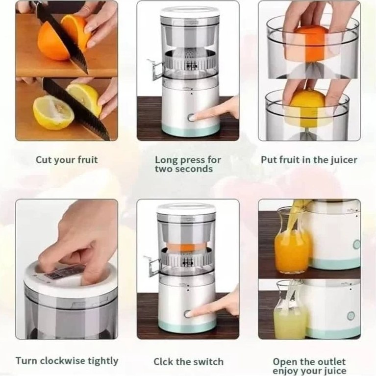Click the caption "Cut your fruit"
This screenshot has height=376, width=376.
(x=67, y=160)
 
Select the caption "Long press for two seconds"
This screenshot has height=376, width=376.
(x=187, y=164)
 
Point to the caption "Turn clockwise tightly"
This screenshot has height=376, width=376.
(x=67, y=361)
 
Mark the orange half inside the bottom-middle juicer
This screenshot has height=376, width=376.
(x=188, y=243)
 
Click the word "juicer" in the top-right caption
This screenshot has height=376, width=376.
(x=344, y=160)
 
